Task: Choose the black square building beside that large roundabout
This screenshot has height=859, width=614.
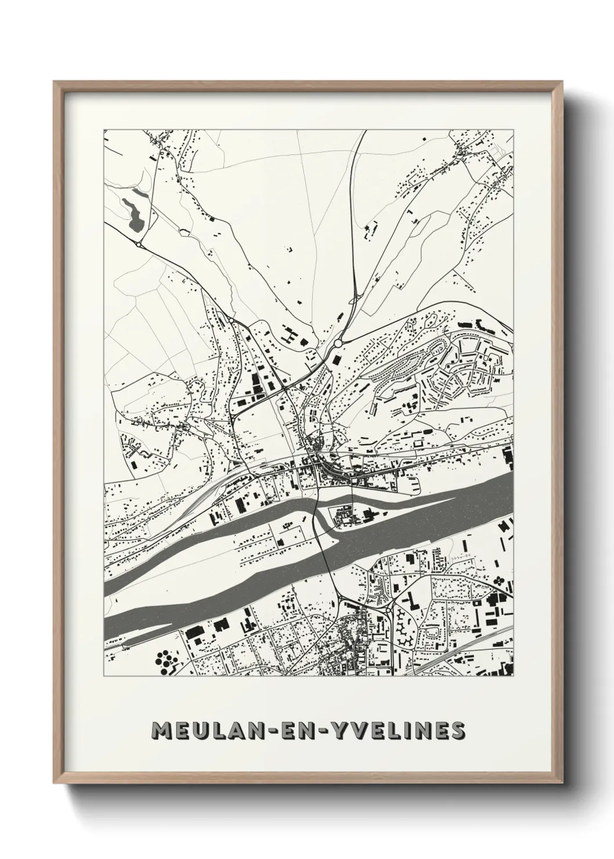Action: click(335, 359)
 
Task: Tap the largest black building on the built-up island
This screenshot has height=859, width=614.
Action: click(370, 512)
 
